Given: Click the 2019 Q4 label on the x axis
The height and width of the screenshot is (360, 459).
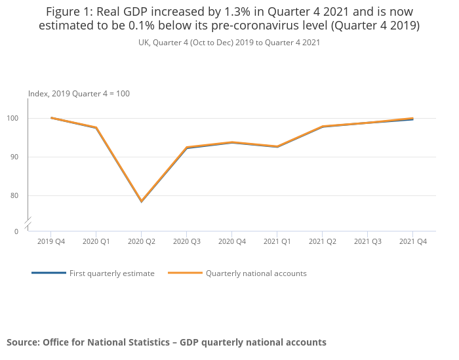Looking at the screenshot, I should point(51,241).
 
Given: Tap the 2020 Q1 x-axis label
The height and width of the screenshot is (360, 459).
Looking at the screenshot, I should point(96,241).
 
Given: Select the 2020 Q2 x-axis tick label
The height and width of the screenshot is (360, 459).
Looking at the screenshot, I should point(142,241).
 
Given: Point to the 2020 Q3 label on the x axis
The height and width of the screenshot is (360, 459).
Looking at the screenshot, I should point(186,241).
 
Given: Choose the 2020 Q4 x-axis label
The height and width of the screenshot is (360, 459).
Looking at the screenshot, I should point(231,241).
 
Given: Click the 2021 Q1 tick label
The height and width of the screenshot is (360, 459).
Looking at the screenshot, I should point(277,241).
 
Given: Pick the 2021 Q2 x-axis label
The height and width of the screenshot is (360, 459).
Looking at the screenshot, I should point(322,241).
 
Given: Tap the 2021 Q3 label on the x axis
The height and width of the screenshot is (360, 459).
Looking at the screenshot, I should point(367,241).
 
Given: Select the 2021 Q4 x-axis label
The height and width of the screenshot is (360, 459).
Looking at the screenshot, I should point(412,241).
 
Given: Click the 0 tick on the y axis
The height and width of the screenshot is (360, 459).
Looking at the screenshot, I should point(16,231).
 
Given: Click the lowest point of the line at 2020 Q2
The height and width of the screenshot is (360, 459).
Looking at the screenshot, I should point(142,201).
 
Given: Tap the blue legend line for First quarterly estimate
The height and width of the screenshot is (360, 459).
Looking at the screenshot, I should point(49,273).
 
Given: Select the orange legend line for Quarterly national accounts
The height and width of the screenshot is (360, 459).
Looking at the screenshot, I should point(185,273).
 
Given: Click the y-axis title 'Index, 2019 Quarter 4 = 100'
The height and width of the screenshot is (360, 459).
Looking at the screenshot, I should point(79,94).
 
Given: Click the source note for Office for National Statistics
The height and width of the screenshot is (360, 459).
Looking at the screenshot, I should point(167,342).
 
